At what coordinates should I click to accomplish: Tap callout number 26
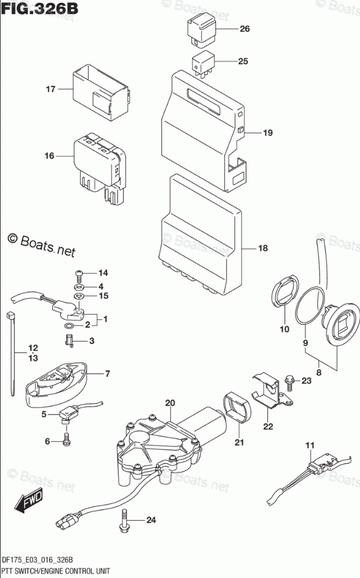point(244,29)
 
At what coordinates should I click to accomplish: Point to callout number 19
point(267,133)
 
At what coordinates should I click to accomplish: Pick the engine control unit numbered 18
point(199,234)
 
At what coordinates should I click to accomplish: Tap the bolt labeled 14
point(80,273)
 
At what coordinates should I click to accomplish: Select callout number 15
point(103,295)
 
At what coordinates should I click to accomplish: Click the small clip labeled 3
point(68,340)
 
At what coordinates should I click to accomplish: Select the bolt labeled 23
point(289,381)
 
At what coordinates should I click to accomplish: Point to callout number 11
point(308,448)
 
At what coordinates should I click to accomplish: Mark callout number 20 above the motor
point(170,402)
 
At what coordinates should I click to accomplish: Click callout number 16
point(49,156)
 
